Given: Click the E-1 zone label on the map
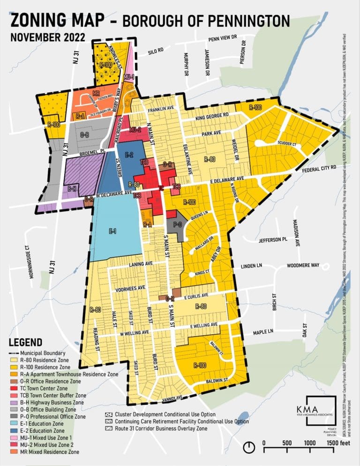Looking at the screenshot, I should (112, 231).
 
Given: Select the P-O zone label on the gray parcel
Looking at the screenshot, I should (177, 225).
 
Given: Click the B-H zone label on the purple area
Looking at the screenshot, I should (72, 188).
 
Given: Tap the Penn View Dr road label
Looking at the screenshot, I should (224, 39).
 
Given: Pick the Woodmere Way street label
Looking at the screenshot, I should (303, 265).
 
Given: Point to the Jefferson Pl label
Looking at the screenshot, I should (273, 240).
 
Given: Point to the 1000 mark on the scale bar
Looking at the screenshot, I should (309, 443).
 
